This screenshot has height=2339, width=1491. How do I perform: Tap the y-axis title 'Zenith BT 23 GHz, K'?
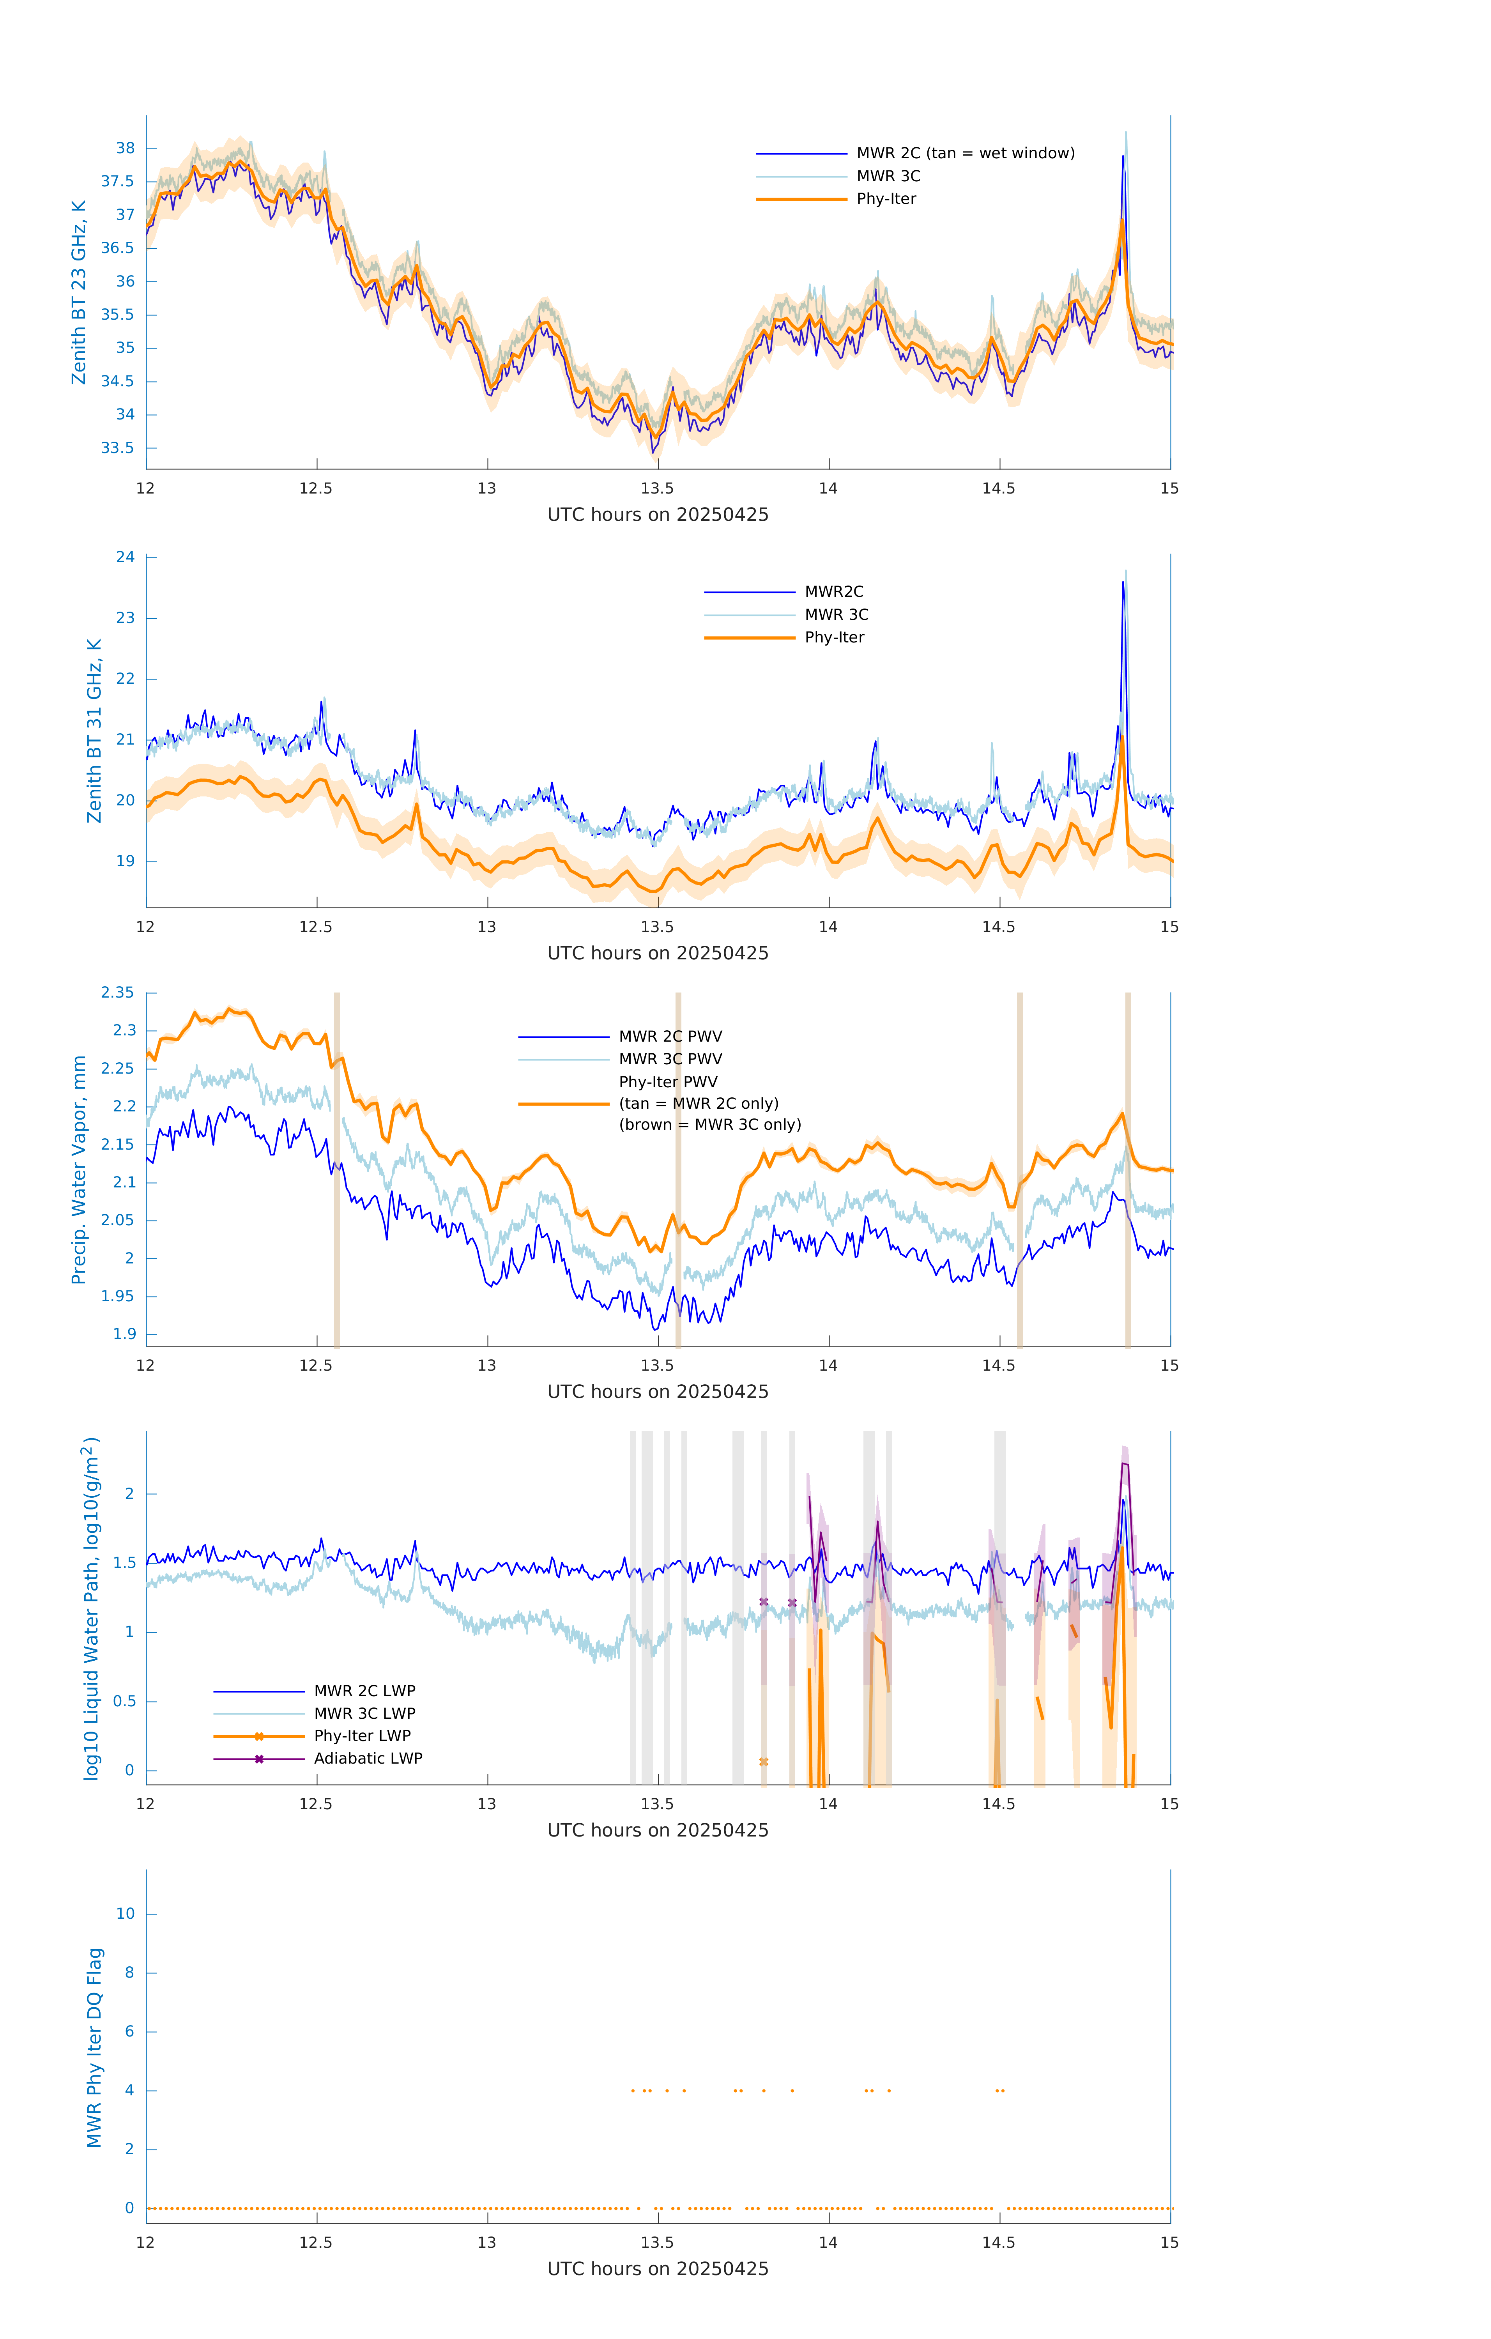pos(79,292)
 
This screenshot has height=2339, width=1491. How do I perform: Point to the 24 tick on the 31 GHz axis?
pos(125,557)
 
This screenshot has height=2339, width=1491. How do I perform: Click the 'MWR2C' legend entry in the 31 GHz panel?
pos(833,591)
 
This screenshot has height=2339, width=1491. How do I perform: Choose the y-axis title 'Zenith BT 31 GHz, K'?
pos(94,731)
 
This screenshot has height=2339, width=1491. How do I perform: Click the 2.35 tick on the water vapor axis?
pos(118,993)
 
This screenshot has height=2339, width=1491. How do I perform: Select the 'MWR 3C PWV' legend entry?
pos(670,1059)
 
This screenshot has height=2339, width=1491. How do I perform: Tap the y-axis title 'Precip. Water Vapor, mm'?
pos(79,1169)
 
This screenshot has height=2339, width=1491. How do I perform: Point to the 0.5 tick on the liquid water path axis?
pos(124,1701)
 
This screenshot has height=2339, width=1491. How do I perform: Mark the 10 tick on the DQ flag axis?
pos(125,1914)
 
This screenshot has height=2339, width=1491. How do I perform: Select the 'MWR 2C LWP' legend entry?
pos(364,1691)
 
